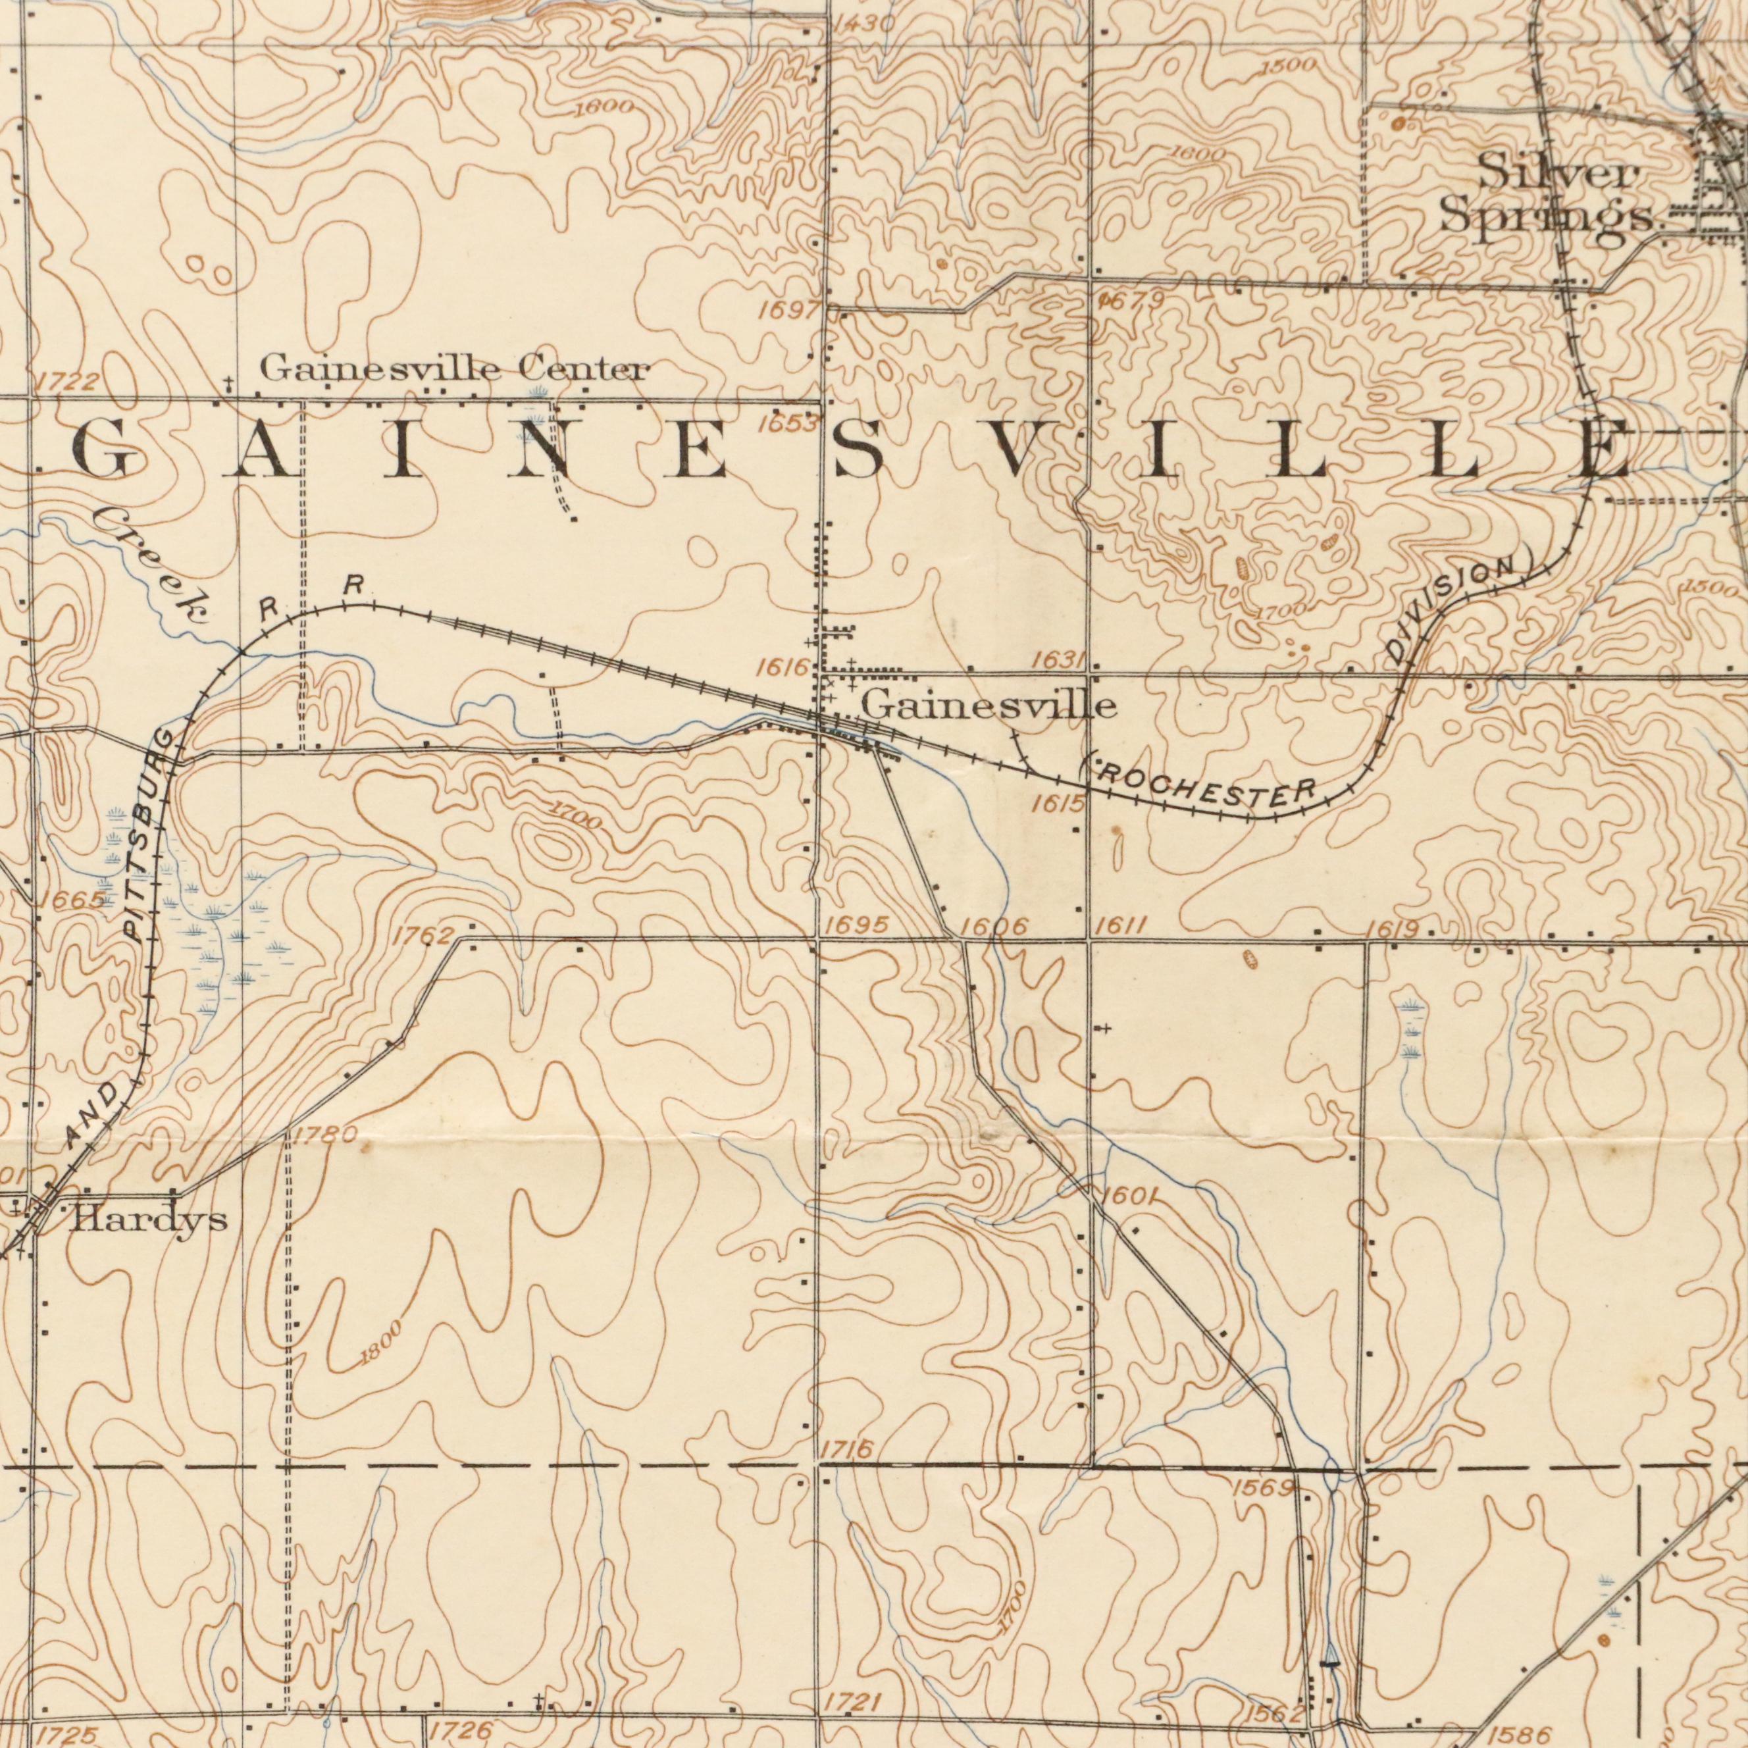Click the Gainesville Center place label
tap(454, 370)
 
